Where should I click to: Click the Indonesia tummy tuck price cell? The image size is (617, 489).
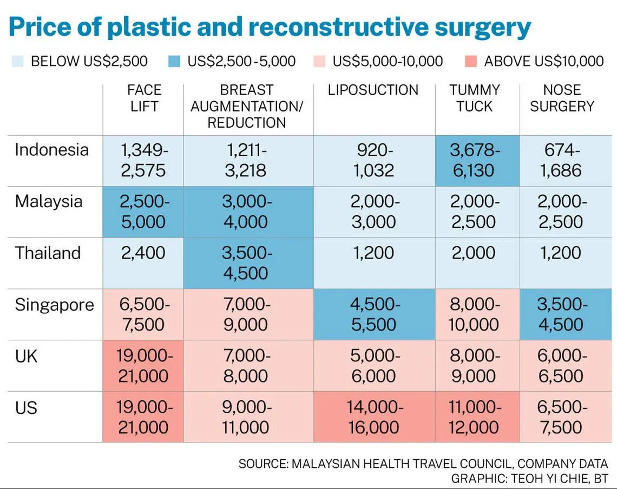pos(477,161)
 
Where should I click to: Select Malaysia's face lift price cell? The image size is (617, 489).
pos(143,212)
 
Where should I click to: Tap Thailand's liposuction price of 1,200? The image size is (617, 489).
pos(374,253)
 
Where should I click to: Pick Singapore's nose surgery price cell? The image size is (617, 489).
pos(566,314)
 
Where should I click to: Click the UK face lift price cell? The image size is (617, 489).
pos(143,366)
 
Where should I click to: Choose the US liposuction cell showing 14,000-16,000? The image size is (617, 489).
pos(374,417)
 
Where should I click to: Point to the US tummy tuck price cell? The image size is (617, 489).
pos(477,417)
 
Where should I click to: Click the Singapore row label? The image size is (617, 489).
pos(54,305)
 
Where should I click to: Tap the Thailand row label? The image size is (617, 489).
pos(48,253)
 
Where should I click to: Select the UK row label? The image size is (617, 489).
pos(26,356)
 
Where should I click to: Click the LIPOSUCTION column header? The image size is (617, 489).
pos(373,90)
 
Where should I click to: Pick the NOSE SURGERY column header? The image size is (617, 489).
pos(562,98)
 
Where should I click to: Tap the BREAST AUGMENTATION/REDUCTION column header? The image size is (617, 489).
pos(247,106)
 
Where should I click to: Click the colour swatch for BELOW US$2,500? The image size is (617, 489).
pos(18,61)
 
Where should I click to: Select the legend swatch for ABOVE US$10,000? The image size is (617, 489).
pos(471,61)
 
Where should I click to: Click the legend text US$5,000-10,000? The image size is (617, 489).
pos(388,61)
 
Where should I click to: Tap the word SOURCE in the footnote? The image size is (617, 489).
pos(262,464)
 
